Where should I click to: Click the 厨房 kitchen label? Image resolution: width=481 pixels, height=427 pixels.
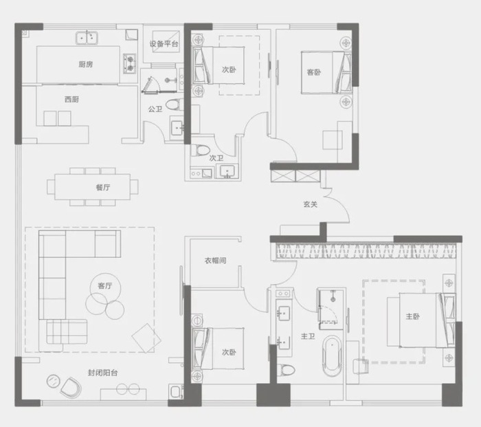(86, 64)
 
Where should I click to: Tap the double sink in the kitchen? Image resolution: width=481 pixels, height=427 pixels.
(87, 38)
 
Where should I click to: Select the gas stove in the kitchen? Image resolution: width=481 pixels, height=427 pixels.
(130, 63)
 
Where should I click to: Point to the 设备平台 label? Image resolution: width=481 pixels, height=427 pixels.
(164, 44)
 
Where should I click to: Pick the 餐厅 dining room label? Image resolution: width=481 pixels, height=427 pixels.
(103, 187)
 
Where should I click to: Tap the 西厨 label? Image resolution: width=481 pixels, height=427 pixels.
(71, 99)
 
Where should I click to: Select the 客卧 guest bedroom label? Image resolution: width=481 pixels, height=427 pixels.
(314, 72)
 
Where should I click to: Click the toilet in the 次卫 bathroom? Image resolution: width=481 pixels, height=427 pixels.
(201, 151)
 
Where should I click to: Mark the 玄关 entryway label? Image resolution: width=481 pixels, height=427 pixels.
(310, 204)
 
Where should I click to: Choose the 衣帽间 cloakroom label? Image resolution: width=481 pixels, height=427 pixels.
(215, 261)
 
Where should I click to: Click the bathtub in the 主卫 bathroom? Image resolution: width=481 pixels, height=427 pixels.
(333, 356)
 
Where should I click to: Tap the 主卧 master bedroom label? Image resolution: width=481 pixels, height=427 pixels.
(412, 316)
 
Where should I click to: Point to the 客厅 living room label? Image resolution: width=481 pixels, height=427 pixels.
(105, 286)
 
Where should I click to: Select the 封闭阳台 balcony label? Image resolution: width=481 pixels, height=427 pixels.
(103, 373)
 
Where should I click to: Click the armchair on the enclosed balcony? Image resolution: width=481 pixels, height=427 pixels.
(71, 387)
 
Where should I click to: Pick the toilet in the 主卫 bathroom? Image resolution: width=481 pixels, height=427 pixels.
(286, 370)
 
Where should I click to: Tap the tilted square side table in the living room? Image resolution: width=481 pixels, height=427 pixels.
(146, 338)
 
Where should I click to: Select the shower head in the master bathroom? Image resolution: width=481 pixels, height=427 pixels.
(333, 298)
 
